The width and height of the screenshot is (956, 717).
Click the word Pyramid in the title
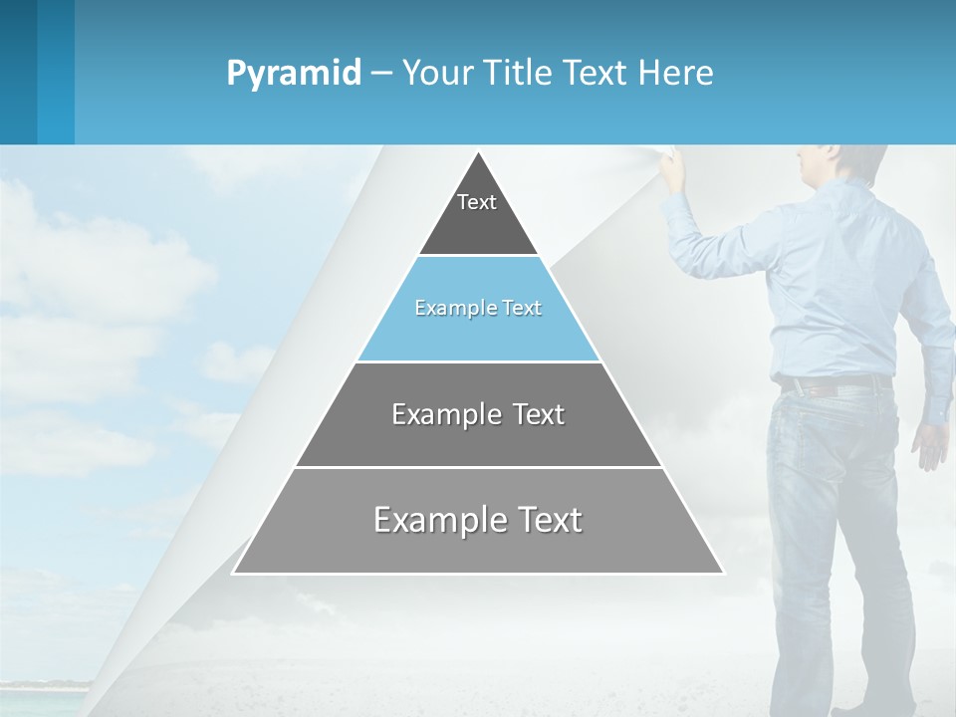pos(294,74)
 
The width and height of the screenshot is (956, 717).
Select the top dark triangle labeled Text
pos(478,214)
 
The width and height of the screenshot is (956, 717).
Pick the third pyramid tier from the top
pos(478,414)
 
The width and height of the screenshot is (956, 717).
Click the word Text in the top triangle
pos(477,202)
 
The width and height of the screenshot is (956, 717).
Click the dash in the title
pos(380,74)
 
